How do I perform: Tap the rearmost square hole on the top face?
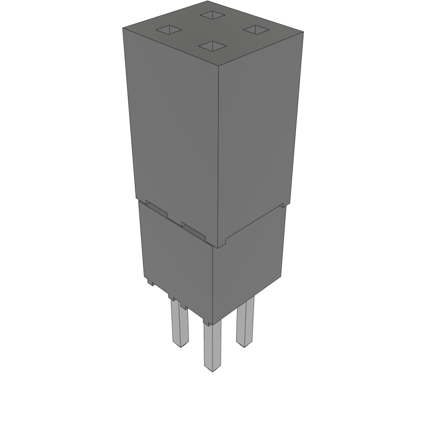[x=212, y=15]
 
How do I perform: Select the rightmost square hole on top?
[x=256, y=29]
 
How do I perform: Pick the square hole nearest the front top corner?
[x=212, y=46]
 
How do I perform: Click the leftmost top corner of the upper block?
[x=123, y=28]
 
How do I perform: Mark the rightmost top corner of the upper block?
[x=303, y=32]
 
